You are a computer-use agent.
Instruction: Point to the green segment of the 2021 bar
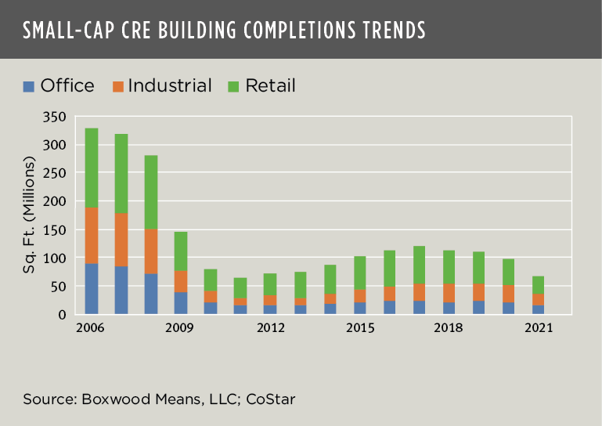(538, 285)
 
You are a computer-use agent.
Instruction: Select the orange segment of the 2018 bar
(449, 293)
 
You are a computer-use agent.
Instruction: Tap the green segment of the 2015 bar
(359, 273)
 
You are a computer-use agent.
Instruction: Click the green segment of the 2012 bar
(270, 284)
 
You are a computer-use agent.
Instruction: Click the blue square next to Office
(29, 86)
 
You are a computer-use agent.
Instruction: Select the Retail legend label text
(270, 86)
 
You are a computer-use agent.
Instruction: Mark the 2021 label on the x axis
(538, 328)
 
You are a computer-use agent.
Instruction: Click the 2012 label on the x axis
(270, 328)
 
